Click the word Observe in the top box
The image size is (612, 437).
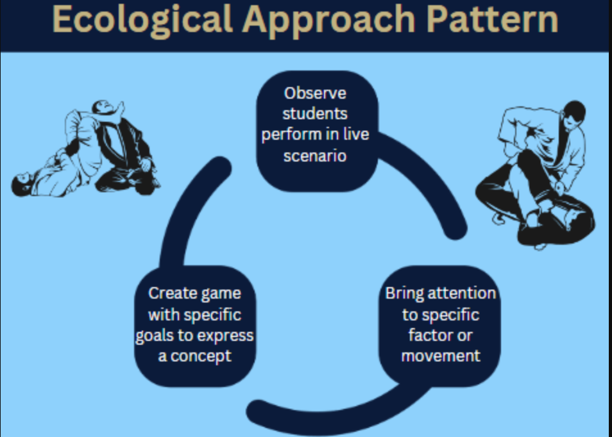pyautogui.click(x=315, y=94)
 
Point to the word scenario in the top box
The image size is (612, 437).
pyautogui.click(x=315, y=156)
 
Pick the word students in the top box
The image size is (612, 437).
pyautogui.click(x=315, y=114)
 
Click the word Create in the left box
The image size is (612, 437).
pyautogui.click(x=168, y=293)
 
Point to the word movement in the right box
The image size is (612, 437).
pyautogui.click(x=441, y=355)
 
